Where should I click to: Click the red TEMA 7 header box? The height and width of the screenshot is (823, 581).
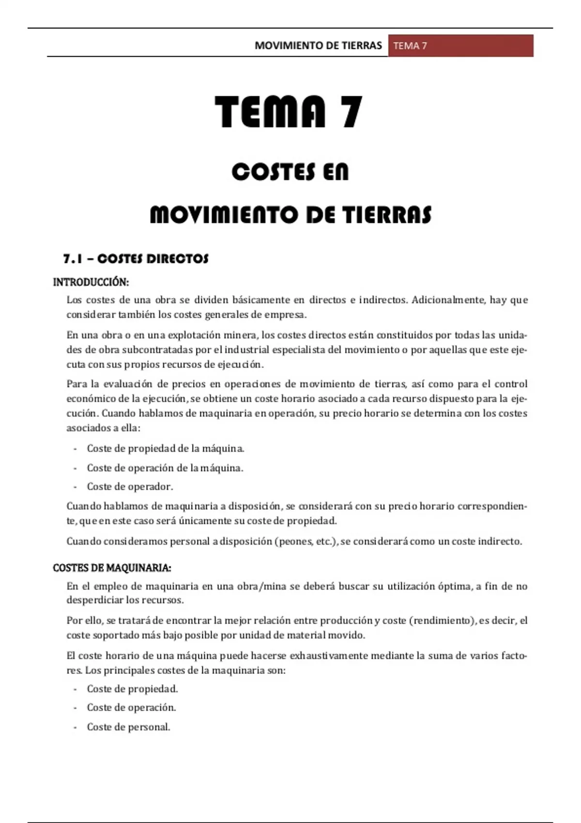point(460,46)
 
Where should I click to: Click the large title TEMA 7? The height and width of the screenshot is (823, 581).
point(289,112)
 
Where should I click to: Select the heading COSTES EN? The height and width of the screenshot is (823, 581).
point(290,172)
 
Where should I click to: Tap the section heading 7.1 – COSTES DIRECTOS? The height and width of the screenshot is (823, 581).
point(136,259)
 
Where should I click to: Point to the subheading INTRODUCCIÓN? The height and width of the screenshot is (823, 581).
point(91,282)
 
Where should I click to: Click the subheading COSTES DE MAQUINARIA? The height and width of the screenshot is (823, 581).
point(112,567)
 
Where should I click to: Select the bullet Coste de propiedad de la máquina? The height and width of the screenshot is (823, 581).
point(165,449)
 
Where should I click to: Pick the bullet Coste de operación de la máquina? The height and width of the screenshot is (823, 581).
point(165,468)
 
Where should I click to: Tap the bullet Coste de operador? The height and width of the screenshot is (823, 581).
point(130,487)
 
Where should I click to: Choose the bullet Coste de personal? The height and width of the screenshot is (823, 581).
point(128,727)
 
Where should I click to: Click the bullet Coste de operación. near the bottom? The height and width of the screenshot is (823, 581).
point(131,708)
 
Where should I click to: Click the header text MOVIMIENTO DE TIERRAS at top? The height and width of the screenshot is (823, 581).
point(318,46)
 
